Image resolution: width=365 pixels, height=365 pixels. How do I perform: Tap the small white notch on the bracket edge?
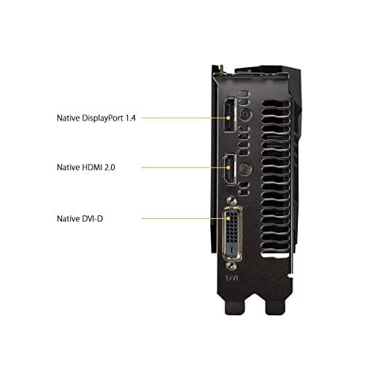tap(291, 275)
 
